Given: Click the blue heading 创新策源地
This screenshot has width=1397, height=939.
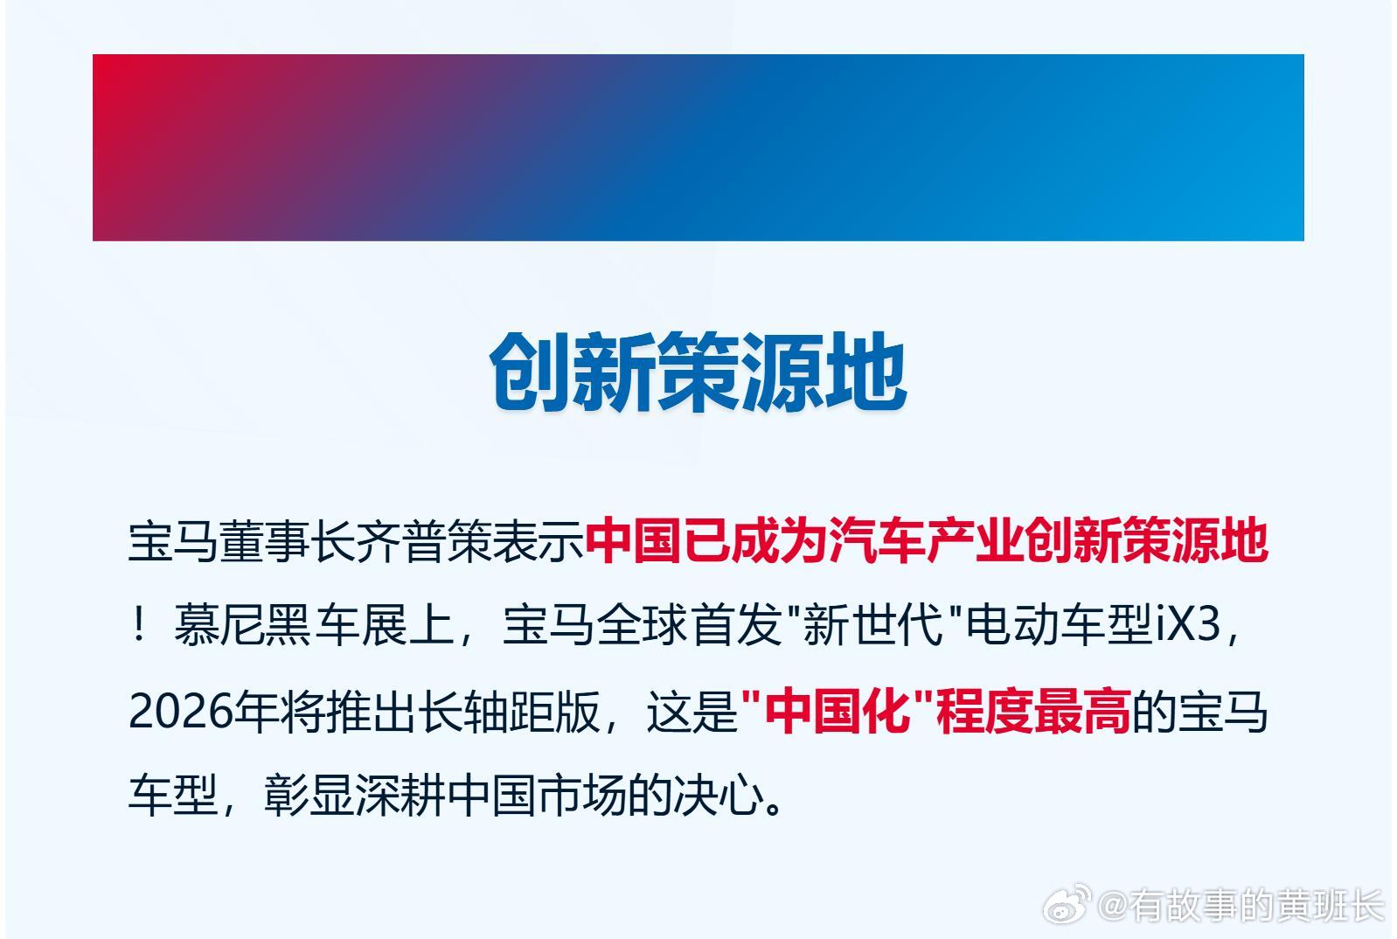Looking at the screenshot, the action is (698, 372).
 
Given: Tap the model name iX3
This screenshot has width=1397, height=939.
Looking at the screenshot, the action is (1187, 626).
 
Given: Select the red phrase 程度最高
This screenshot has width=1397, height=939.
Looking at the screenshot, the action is (1033, 712).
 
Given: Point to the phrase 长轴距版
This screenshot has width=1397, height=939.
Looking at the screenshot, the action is (510, 712).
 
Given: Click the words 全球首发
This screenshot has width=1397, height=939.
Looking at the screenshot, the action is (690, 626).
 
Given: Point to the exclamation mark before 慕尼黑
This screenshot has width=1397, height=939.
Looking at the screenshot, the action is (140, 626).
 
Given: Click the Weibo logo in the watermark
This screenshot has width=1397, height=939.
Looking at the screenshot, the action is (1067, 904).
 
